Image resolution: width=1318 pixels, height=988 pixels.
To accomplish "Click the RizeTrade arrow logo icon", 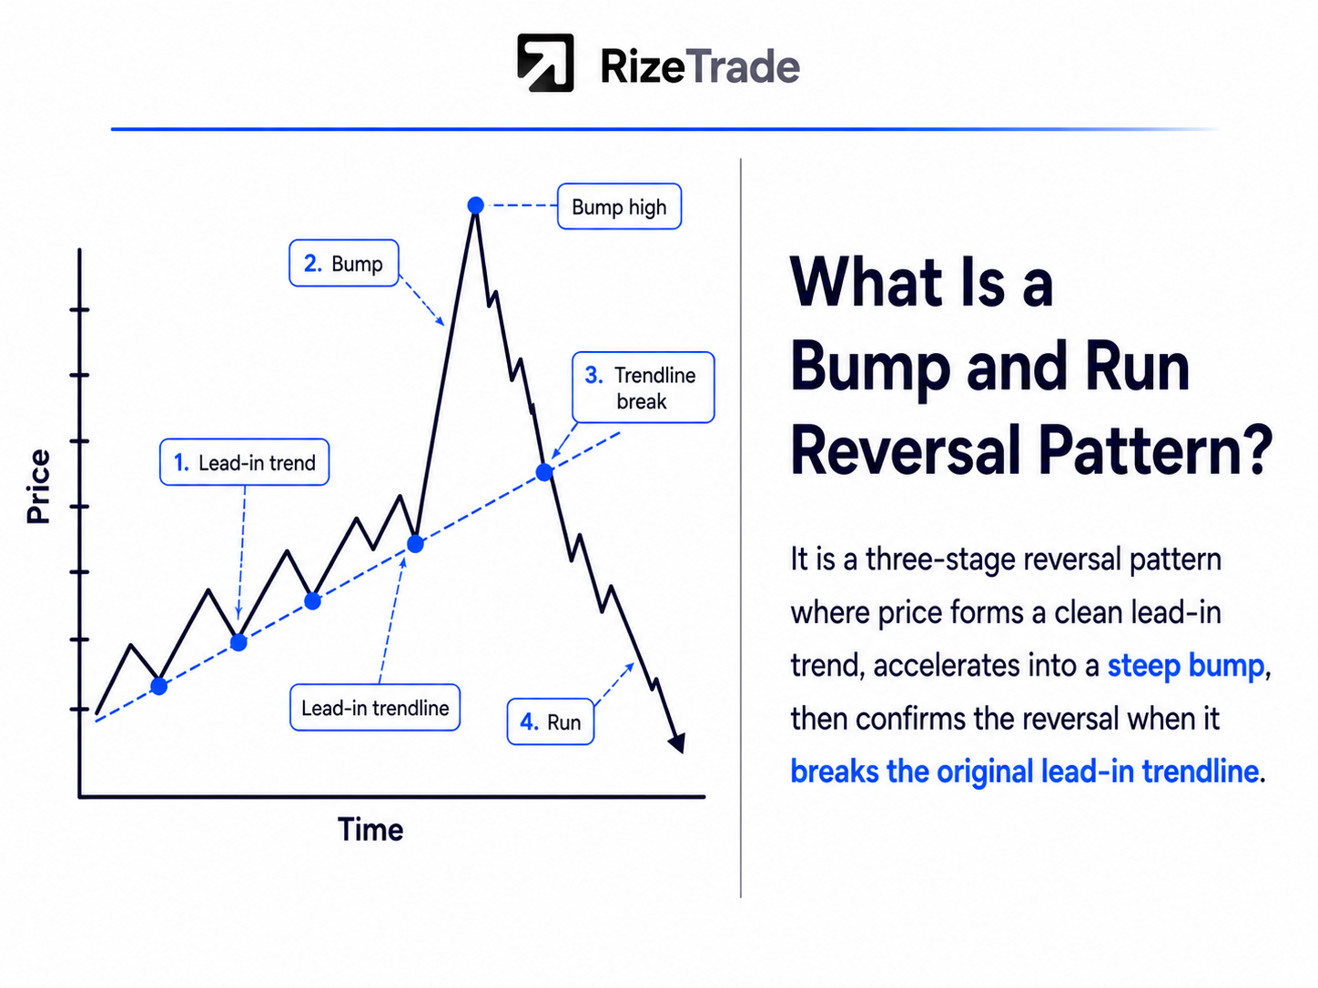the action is pyautogui.click(x=545, y=63).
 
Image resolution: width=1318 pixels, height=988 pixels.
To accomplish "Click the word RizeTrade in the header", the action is pyautogui.click(x=700, y=66).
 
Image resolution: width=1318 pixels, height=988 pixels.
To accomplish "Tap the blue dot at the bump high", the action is pyautogui.click(x=475, y=206).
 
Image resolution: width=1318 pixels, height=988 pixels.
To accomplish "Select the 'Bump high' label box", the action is pyautogui.click(x=619, y=207).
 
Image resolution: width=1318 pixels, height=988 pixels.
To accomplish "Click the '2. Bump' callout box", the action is pyautogui.click(x=344, y=263).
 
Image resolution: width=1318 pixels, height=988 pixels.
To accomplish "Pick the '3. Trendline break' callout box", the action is pyautogui.click(x=644, y=388).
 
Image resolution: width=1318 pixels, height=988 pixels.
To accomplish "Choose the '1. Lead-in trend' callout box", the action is pyautogui.click(x=244, y=462).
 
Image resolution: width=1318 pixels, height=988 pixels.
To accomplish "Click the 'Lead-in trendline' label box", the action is pyautogui.click(x=375, y=707).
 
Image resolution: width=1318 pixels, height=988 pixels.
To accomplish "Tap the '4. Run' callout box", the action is pyautogui.click(x=551, y=721).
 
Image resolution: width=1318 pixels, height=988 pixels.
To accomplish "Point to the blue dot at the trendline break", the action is pyautogui.click(x=544, y=472).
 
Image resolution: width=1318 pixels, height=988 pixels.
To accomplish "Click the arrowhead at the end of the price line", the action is pyautogui.click(x=677, y=742).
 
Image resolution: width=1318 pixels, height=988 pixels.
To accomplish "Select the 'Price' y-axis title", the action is pyautogui.click(x=38, y=487).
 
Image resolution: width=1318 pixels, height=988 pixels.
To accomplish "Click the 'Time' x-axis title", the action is pyautogui.click(x=370, y=830).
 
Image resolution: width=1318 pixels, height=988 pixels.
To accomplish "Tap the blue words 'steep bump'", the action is pyautogui.click(x=1186, y=665).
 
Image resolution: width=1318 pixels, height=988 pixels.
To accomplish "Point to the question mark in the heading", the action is pyautogui.click(x=1256, y=450).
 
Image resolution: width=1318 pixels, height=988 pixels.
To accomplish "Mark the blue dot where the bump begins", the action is pyautogui.click(x=415, y=544).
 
